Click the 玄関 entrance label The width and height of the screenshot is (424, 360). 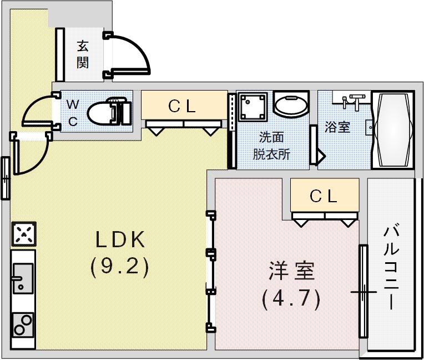[x=82, y=54]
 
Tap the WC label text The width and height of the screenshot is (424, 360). [x=73, y=113]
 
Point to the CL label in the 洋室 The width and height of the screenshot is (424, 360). [x=324, y=196]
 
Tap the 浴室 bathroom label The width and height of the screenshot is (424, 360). [x=337, y=127]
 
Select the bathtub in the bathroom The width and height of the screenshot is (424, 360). [x=393, y=130]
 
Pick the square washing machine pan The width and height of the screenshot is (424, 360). [x=253, y=106]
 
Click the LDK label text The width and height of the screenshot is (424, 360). [x=120, y=240]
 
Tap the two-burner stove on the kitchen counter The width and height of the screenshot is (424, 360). [x=23, y=324]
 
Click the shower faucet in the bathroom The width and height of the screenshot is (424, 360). [x=353, y=102]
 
